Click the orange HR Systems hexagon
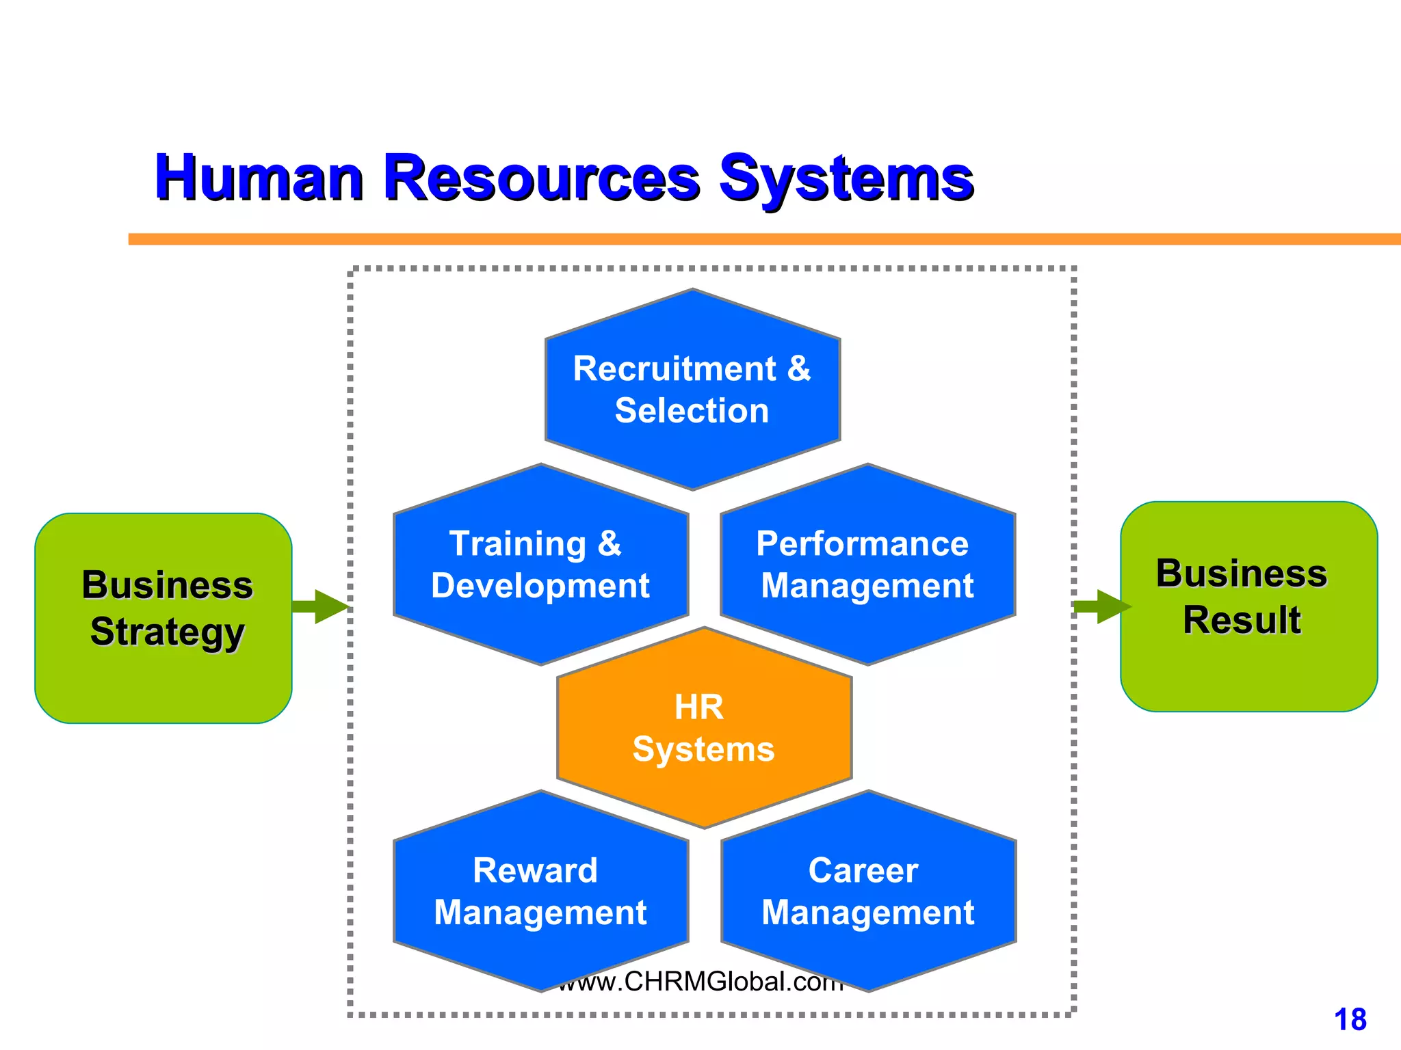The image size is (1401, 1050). (704, 728)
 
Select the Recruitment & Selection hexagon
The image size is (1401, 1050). (692, 390)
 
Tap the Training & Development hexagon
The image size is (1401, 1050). (540, 565)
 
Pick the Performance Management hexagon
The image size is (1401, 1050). (867, 565)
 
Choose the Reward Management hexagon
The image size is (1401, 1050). (540, 891)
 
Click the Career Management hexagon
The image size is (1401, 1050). (868, 891)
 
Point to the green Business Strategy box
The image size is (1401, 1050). (163, 618)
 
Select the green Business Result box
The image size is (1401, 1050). (1248, 607)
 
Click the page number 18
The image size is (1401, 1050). (1350, 1020)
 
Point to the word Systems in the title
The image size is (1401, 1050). (846, 179)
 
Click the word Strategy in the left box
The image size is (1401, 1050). (167, 632)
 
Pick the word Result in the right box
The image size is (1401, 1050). (1242, 620)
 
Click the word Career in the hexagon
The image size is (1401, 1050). (863, 871)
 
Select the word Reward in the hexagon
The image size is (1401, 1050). (535, 871)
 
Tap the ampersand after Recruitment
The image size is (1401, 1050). (798, 369)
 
